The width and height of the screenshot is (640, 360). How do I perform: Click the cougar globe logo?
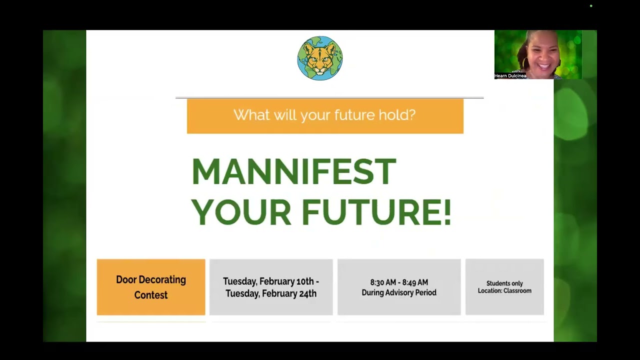(x=320, y=58)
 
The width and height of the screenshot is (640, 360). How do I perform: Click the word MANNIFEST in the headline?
(x=294, y=171)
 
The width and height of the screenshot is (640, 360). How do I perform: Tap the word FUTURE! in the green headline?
(x=377, y=212)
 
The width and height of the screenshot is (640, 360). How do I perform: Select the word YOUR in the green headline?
(x=241, y=212)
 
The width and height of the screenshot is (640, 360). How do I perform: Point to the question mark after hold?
(x=411, y=114)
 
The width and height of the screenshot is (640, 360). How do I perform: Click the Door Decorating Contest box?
(x=151, y=287)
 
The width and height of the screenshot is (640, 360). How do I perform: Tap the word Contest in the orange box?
(x=151, y=295)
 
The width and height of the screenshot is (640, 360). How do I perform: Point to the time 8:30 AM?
(x=383, y=282)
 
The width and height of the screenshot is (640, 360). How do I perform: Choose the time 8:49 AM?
(x=415, y=282)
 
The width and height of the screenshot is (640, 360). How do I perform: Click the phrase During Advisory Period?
(x=399, y=292)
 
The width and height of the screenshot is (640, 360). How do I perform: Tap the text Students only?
(x=504, y=283)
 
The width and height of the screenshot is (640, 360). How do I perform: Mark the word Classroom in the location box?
(x=517, y=290)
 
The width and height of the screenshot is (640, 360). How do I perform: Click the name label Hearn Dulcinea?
(x=510, y=75)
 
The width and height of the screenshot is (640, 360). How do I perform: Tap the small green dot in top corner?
(x=591, y=5)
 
